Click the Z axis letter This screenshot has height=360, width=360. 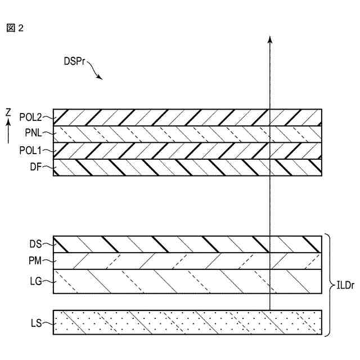8,112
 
